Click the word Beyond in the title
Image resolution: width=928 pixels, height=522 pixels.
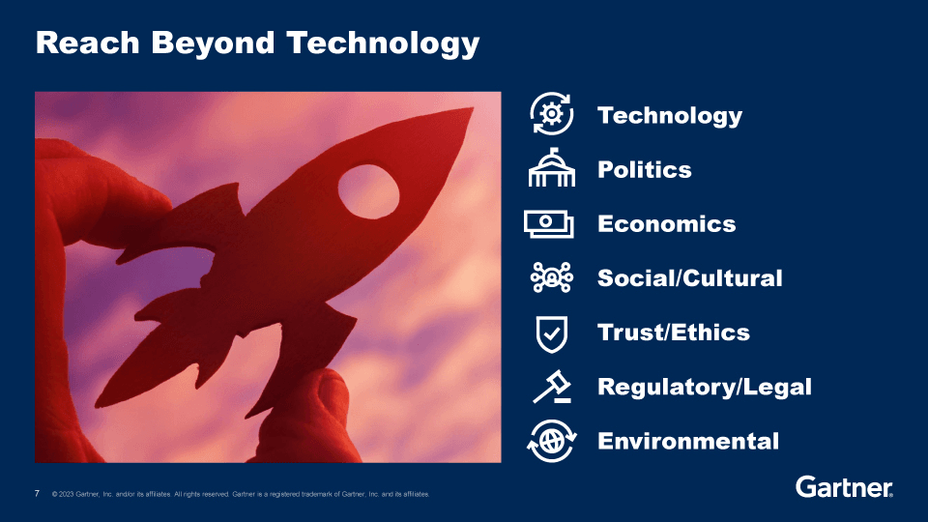point(213,43)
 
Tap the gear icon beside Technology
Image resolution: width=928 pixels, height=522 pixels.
point(552,114)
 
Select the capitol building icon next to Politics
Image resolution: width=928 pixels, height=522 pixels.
point(552,168)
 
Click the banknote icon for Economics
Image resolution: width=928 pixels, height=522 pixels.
point(549,223)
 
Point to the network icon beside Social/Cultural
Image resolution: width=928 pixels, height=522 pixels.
point(552,277)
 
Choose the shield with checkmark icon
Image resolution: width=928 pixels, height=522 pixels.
point(552,333)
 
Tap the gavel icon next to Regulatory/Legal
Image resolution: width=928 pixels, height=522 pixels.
point(552,387)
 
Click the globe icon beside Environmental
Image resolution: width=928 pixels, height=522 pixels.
point(552,441)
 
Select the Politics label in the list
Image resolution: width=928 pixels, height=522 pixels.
point(645,170)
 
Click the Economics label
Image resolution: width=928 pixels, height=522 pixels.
point(666,223)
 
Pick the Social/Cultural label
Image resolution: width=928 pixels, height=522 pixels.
point(690,278)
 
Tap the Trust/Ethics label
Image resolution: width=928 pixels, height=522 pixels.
point(674,333)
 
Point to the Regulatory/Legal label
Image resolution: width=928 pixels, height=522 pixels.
point(705,388)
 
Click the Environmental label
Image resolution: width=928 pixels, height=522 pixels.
point(688,441)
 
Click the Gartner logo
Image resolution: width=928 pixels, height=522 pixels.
point(844,487)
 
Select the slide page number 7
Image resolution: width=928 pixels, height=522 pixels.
point(38,494)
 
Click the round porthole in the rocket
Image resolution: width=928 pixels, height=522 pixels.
point(368,191)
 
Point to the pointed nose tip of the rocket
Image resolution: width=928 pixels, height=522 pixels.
point(472,109)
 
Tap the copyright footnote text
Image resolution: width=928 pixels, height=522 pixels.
point(241,494)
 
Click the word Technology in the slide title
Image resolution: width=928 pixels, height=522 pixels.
point(383,43)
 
